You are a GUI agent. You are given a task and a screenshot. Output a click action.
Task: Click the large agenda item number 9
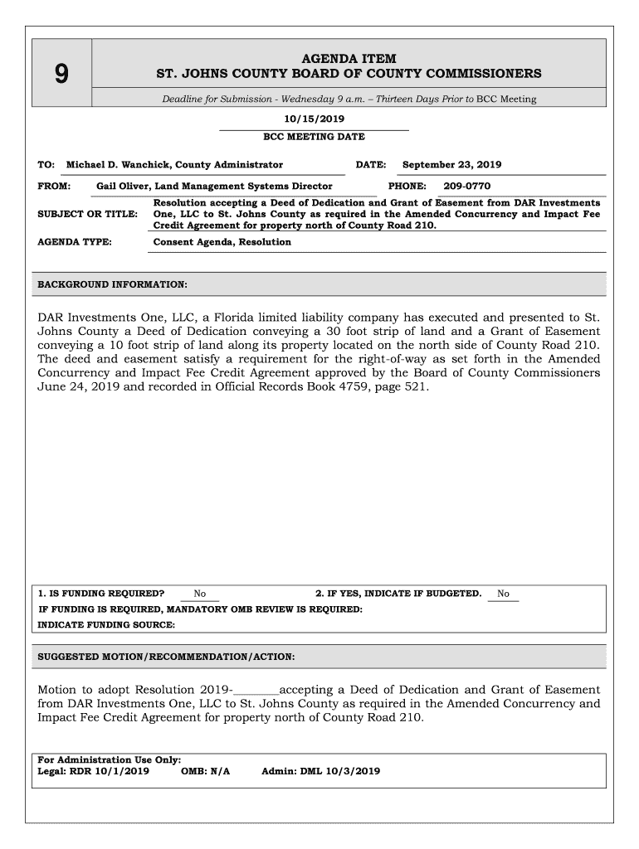pyautogui.click(x=61, y=75)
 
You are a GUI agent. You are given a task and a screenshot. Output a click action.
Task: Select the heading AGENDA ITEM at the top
pyautogui.click(x=348, y=59)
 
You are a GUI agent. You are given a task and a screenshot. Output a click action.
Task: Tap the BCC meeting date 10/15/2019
pyautogui.click(x=314, y=120)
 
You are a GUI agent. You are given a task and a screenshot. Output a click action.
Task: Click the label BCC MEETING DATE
pyautogui.click(x=314, y=137)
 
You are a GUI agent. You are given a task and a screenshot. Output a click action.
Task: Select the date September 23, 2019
pyautogui.click(x=451, y=165)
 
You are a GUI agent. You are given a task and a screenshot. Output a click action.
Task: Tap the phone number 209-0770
pyautogui.click(x=466, y=187)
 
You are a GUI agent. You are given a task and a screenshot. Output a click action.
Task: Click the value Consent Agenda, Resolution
pyautogui.click(x=222, y=242)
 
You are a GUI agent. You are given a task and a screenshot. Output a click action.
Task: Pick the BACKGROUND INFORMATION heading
pyautogui.click(x=112, y=284)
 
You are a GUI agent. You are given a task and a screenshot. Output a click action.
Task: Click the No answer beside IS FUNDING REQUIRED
pyautogui.click(x=200, y=594)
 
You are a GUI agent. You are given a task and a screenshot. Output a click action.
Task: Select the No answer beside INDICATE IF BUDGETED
pyautogui.click(x=503, y=594)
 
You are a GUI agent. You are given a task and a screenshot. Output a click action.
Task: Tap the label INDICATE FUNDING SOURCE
pyautogui.click(x=106, y=625)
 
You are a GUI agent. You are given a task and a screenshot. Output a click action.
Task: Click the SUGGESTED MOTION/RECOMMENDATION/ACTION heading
pyautogui.click(x=166, y=657)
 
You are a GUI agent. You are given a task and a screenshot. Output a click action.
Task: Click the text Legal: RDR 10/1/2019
pyautogui.click(x=94, y=771)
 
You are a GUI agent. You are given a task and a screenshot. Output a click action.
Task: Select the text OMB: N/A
pyautogui.click(x=204, y=771)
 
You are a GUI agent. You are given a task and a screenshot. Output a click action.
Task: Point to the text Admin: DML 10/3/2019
pyautogui.click(x=320, y=771)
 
